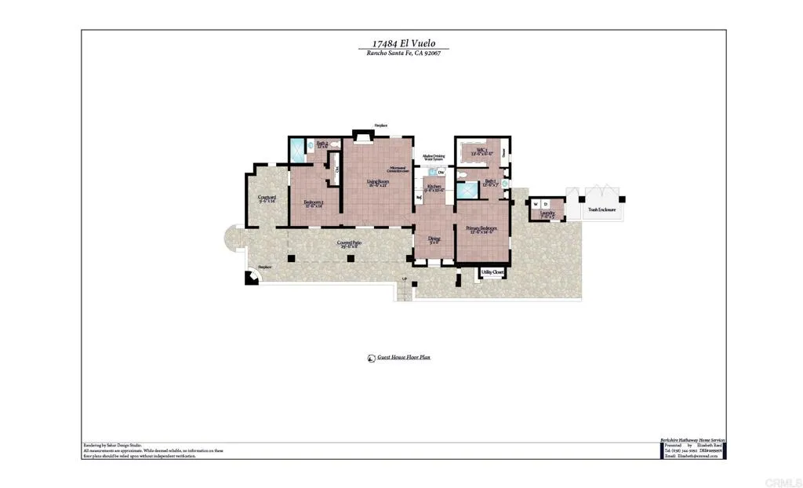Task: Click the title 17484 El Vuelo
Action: [403, 45]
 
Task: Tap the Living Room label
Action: [378, 183]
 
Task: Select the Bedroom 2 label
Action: [314, 202]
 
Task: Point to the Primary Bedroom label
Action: [481, 228]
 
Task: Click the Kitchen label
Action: [434, 187]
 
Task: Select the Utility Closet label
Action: [492, 272]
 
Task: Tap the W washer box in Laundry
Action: [536, 204]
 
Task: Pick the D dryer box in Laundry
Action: [546, 204]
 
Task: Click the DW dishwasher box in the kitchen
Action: [441, 173]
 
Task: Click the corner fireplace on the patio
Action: [252, 277]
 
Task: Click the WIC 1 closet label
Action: [480, 151]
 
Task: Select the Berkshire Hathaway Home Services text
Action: [692, 440]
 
